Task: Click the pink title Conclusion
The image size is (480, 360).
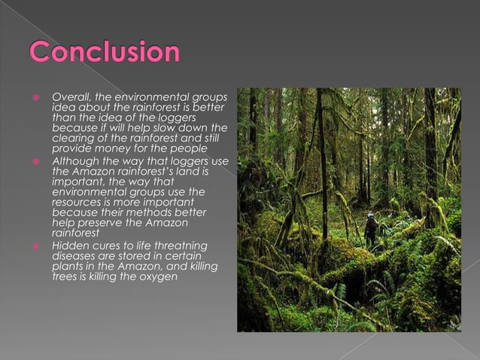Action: [105, 53]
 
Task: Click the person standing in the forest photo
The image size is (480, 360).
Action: [370, 230]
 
